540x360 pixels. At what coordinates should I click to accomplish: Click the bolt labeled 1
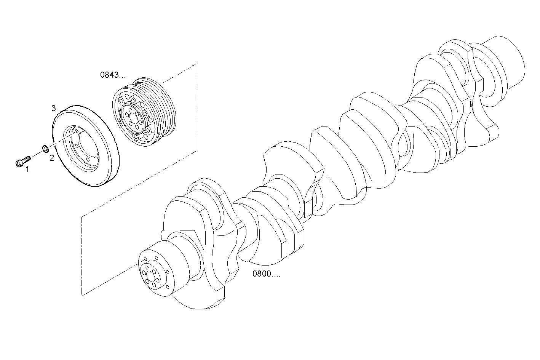pyautogui.click(x=23, y=160)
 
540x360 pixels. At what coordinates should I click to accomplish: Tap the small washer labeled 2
pyautogui.click(x=45, y=149)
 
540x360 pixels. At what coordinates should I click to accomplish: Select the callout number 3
pyautogui.click(x=54, y=109)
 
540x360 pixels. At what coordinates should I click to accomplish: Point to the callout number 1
pyautogui.click(x=27, y=170)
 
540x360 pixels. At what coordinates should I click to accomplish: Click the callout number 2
pyautogui.click(x=51, y=158)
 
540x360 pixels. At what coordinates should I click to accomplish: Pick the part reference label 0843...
pyautogui.click(x=113, y=75)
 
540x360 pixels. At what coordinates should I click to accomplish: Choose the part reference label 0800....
pyautogui.click(x=266, y=274)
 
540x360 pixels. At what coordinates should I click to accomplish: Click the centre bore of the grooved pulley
pyautogui.click(x=131, y=116)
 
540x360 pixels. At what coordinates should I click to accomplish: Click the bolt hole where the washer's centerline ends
pyautogui.click(x=77, y=131)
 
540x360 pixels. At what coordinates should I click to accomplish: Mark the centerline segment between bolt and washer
pyautogui.click(x=36, y=153)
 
